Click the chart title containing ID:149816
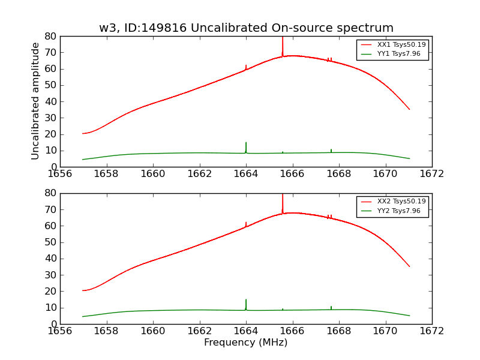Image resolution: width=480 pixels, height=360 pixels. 246,28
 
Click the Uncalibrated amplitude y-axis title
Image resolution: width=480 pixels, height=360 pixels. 35,101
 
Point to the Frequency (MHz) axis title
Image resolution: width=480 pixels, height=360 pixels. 246,343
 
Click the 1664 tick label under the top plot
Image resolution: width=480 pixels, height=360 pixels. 246,173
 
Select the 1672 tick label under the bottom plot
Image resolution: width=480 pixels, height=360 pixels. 432,331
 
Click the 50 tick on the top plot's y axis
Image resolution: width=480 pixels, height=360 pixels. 50,85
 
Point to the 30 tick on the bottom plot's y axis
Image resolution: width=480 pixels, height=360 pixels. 50,275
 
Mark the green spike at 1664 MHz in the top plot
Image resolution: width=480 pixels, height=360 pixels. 246,147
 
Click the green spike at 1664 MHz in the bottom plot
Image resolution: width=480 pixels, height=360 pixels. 246,304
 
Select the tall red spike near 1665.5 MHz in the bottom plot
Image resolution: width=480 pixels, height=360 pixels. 283,203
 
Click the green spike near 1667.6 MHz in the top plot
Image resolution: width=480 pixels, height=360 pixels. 331,151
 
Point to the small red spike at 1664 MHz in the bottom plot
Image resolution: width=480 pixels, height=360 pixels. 246,224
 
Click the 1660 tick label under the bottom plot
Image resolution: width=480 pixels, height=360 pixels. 153,331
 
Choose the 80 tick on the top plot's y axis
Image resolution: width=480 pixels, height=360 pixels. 50,36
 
